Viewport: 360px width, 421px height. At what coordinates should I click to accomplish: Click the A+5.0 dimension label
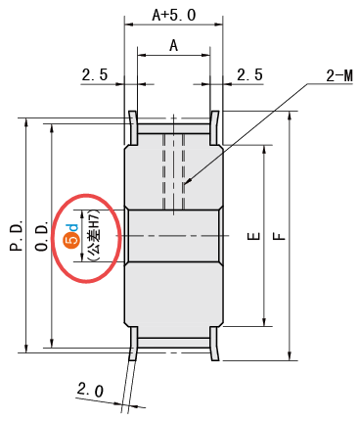tap(174, 15)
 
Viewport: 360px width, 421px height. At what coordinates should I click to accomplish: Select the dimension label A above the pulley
tap(174, 45)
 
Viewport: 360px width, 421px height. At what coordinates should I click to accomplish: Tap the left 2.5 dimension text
tap(95, 74)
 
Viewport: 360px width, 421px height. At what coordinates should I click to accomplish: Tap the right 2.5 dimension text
tap(249, 74)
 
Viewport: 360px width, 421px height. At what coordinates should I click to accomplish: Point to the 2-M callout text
tap(339, 76)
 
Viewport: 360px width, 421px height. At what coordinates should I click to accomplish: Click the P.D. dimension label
tap(17, 235)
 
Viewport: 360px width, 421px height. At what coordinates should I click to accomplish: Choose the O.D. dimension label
tap(42, 236)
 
